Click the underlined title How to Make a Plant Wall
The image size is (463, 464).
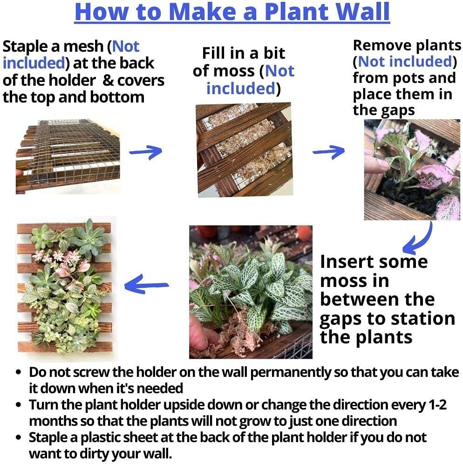[232, 13]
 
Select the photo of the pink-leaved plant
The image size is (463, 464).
[412, 170]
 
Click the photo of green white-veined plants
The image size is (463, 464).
[251, 292]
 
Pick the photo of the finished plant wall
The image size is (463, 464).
[64, 289]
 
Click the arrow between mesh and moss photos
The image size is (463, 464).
[145, 151]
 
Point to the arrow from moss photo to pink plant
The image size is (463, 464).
[328, 151]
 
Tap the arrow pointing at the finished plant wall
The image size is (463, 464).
[146, 284]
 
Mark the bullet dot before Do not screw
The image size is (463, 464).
[19, 373]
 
